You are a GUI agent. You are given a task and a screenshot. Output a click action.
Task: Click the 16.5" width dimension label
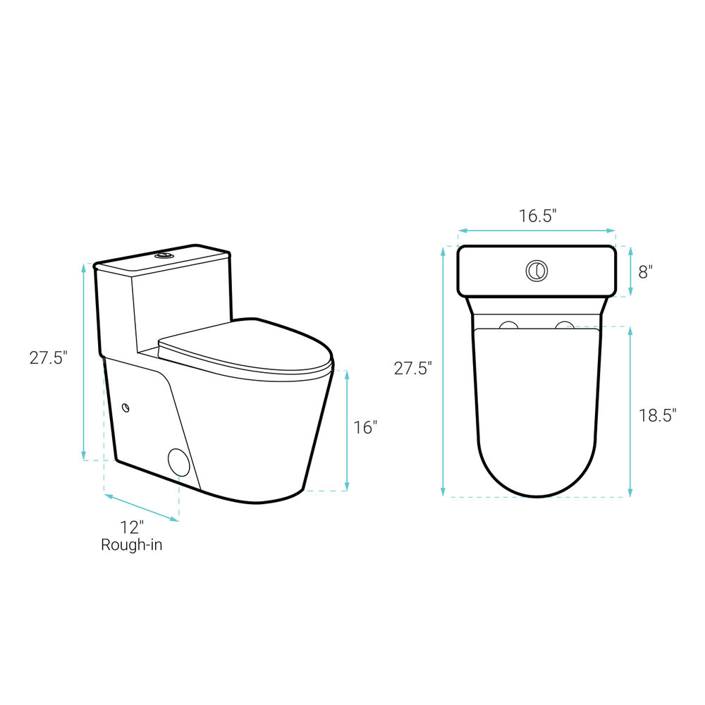[x=538, y=216]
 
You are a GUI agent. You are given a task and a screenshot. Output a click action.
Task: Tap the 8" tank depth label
[x=645, y=271]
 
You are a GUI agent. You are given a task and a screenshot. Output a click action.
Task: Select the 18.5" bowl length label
[x=658, y=415]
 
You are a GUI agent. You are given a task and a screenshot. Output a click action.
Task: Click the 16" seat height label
[x=364, y=427]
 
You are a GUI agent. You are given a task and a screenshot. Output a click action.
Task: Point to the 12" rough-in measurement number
[x=132, y=527]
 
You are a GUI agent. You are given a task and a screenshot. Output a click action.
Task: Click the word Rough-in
[x=131, y=544]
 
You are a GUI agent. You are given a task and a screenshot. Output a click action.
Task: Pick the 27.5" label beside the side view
[x=49, y=358]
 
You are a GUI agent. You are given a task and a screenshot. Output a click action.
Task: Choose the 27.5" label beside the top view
[x=412, y=368]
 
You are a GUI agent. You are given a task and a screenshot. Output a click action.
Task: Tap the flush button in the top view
[x=537, y=271]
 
